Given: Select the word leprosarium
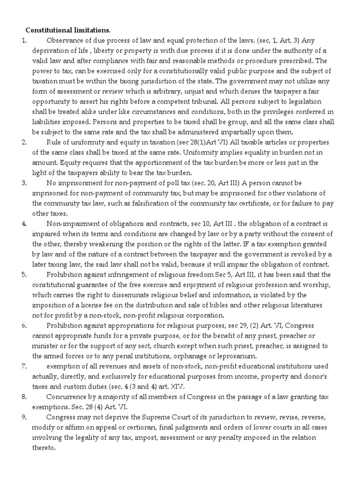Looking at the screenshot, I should [227, 356].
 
